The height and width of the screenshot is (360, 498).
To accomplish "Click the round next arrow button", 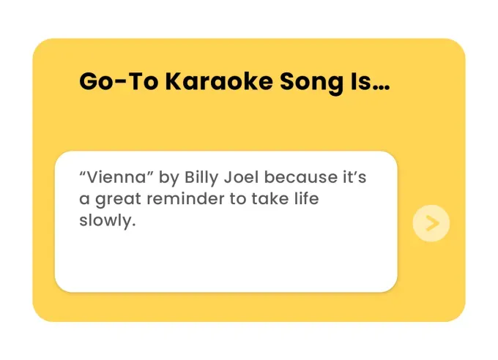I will (431, 223).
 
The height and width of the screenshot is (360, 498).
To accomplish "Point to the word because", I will (300, 177).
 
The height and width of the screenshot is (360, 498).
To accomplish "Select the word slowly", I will (106, 221).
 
